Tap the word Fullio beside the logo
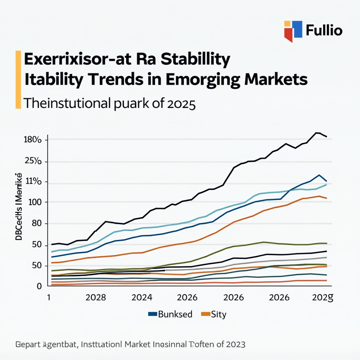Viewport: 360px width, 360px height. point(324,31)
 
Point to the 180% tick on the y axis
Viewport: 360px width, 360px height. point(32,140)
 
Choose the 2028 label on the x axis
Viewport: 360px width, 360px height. point(96,297)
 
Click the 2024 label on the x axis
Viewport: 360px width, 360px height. point(142,297)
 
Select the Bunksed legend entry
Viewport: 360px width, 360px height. point(175,314)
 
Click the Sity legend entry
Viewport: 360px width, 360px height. point(218,314)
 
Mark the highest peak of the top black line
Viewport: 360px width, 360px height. point(317,133)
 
